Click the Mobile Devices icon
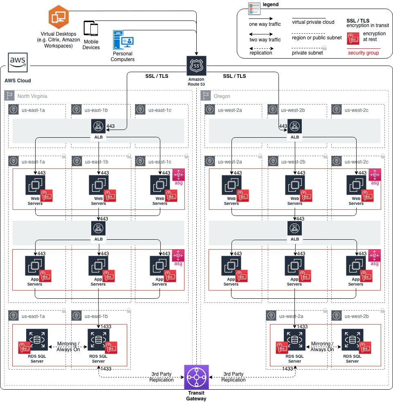(x=91, y=29)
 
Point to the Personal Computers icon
(x=123, y=40)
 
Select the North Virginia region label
(x=32, y=96)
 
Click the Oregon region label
(x=222, y=96)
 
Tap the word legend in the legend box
(x=270, y=5)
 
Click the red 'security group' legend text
(x=363, y=53)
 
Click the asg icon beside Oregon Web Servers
(x=375, y=175)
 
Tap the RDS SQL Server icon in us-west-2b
(x=352, y=339)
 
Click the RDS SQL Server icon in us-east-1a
(x=36, y=339)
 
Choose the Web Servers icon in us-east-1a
(x=35, y=185)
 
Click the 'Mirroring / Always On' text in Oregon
(x=322, y=346)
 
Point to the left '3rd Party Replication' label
(x=162, y=377)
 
